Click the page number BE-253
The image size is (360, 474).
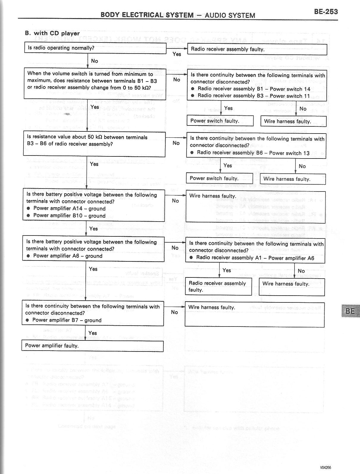pos(326,12)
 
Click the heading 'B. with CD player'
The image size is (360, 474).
pos(52,33)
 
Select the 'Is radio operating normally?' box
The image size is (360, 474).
pos(95,48)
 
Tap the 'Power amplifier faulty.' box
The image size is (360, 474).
pos(92,346)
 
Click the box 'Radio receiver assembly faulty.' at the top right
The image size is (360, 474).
pos(257,49)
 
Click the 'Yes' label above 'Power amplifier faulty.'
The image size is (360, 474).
pos(93,333)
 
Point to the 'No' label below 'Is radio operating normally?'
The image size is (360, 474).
pos(94,61)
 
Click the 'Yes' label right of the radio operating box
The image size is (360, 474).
pos(177,54)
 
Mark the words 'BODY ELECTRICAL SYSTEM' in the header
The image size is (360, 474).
pos(147,15)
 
